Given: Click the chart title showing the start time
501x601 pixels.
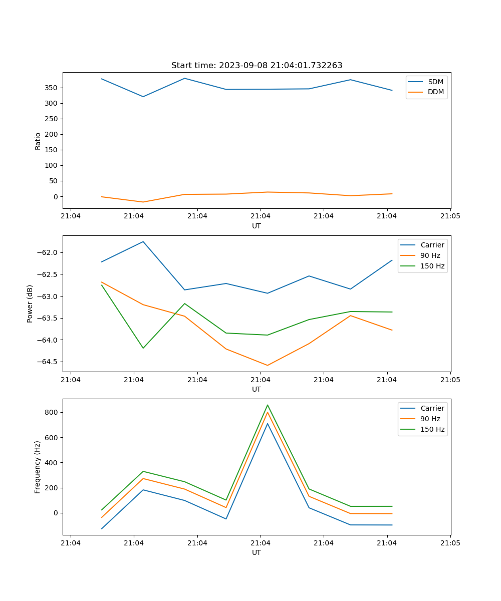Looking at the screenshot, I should [257, 66].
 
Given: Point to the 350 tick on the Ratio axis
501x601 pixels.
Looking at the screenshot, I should [52, 88].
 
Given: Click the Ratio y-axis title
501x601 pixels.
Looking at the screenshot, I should [38, 141].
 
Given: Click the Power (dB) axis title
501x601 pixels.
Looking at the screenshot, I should [30, 304].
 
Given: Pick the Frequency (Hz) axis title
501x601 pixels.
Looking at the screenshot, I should [38, 467].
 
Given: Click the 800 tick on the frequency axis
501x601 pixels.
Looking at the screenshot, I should [52, 412].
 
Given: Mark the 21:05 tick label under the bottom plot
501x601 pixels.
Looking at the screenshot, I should [450, 543].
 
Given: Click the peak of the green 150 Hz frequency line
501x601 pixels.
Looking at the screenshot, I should [268, 405].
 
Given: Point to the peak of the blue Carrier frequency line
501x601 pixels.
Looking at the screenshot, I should [268, 424].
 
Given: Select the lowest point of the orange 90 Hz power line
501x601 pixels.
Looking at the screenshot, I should [268, 365].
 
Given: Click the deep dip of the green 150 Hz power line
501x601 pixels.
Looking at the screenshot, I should [143, 348].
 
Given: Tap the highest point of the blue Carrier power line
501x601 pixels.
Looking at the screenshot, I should [143, 241].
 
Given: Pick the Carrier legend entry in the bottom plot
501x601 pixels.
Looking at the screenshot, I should [432, 408].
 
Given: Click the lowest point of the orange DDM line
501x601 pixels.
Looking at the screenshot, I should [143, 202].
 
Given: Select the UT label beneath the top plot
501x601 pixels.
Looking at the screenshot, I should [257, 226].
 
